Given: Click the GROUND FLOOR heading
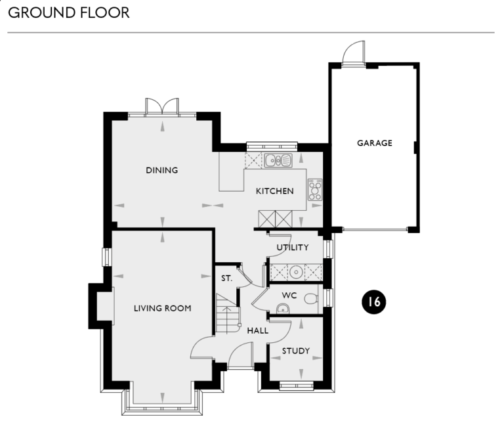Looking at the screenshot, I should pyautogui.click(x=69, y=12).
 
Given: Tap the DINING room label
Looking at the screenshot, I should pyautogui.click(x=162, y=170).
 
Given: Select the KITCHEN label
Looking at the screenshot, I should pyautogui.click(x=274, y=191).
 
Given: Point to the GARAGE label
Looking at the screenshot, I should pyautogui.click(x=375, y=143).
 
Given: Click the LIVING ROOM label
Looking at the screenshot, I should pyautogui.click(x=162, y=308).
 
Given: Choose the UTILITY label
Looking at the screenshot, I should pyautogui.click(x=293, y=248).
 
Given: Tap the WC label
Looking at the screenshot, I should pyautogui.click(x=289, y=295).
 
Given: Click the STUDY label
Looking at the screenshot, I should pyautogui.click(x=295, y=351).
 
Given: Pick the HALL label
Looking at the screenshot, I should pyautogui.click(x=257, y=330).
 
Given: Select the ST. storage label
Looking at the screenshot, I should pyautogui.click(x=226, y=279).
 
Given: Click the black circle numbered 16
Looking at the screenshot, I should pyautogui.click(x=374, y=302).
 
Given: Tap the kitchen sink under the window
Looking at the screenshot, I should pyautogui.click(x=278, y=160).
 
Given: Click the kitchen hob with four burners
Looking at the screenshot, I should pyautogui.click(x=315, y=189).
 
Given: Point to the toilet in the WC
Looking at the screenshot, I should pyautogui.click(x=310, y=300).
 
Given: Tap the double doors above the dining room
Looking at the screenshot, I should pyautogui.click(x=162, y=107).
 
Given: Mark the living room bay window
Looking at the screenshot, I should pyautogui.click(x=162, y=404).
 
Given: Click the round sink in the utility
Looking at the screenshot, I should pyautogui.click(x=297, y=271).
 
